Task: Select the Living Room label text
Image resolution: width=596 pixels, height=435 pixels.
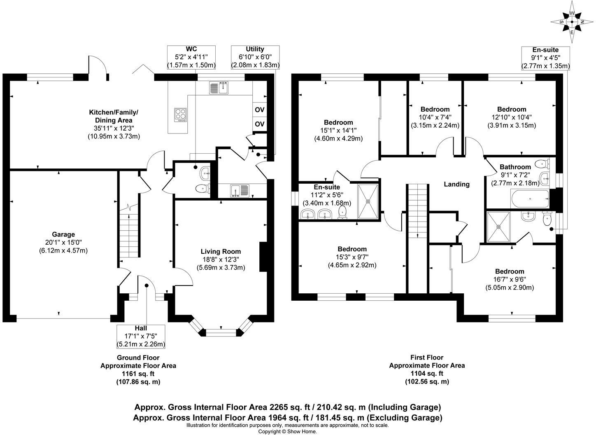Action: pyautogui.click(x=221, y=251)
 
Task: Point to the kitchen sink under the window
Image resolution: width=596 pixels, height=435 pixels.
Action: pyautogui.click(x=219, y=88)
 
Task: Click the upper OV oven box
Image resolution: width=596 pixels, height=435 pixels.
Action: pyautogui.click(x=259, y=110)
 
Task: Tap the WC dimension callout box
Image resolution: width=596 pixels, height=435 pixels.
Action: pyautogui.click(x=191, y=57)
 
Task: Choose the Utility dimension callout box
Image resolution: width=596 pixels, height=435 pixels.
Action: pyautogui.click(x=255, y=57)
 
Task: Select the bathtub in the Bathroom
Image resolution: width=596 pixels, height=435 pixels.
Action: pyautogui.click(x=529, y=199)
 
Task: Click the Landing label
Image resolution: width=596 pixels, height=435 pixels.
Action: pyautogui.click(x=456, y=184)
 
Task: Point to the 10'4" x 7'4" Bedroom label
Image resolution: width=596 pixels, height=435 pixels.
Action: pyautogui.click(x=435, y=109)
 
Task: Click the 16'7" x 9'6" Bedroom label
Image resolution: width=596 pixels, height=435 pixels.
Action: pyautogui.click(x=510, y=271)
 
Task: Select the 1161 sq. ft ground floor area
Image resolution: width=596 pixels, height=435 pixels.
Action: pyautogui.click(x=138, y=374)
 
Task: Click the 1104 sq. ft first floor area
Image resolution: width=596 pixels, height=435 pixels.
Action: pyautogui.click(x=427, y=374)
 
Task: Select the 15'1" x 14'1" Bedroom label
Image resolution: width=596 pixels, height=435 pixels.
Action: pyautogui.click(x=338, y=122)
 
